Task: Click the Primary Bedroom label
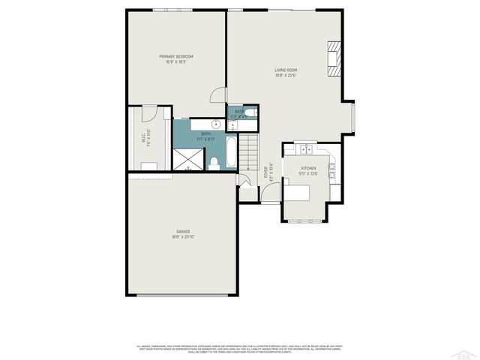[x=176, y=56]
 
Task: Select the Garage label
[x=183, y=231]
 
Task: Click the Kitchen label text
[x=308, y=169]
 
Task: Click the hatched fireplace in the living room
[x=334, y=59]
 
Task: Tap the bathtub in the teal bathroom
[x=231, y=151]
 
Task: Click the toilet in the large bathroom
[x=214, y=163]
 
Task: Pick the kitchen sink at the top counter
[x=307, y=148]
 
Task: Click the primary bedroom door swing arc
[x=217, y=95]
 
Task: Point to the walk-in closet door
[x=150, y=114]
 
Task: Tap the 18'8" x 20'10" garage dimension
[x=183, y=237]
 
